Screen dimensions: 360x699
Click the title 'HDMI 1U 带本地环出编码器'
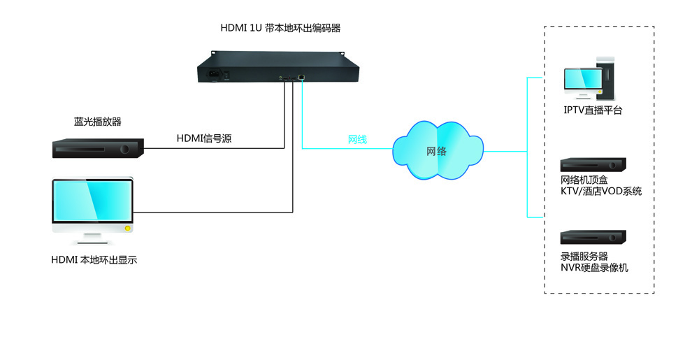280,29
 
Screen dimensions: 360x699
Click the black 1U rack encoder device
279,69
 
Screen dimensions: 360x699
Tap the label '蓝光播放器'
98,122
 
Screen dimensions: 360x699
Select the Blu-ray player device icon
98,148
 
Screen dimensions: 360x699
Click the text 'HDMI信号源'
203,138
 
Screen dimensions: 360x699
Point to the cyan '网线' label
357,139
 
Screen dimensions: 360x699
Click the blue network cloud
438,150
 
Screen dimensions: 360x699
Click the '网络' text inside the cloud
437,151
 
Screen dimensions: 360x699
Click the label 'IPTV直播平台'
593,110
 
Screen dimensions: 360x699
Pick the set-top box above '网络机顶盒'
593,165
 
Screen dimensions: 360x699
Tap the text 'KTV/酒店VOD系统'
600,191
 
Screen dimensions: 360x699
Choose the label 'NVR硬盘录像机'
594,267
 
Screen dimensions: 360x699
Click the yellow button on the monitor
127,229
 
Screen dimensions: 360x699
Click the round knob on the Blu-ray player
125,149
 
